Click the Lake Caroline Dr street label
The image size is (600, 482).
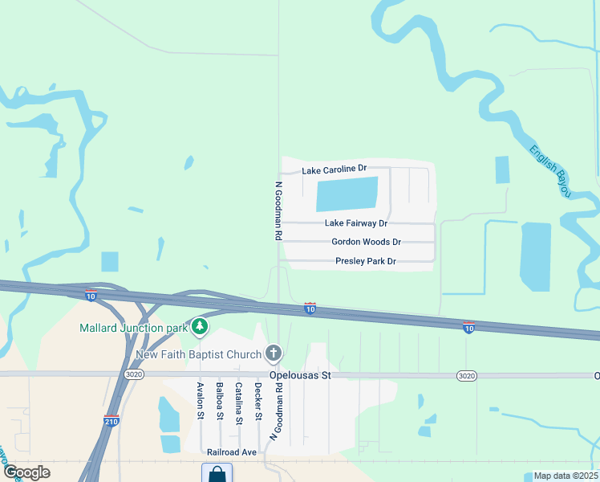pyautogui.click(x=334, y=170)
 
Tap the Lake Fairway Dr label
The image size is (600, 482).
pyautogui.click(x=356, y=223)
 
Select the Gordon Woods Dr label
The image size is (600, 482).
pyautogui.click(x=366, y=242)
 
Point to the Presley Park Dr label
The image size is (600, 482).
pyautogui.click(x=365, y=261)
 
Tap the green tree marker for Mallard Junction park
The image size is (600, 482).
pyautogui.click(x=199, y=327)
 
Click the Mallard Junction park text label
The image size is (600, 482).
pyautogui.click(x=133, y=328)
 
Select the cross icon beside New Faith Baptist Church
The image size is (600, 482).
pyautogui.click(x=274, y=353)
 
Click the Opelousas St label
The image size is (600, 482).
pyautogui.click(x=294, y=375)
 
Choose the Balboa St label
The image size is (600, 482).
pyautogui.click(x=220, y=401)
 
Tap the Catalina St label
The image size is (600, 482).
pyautogui.click(x=239, y=402)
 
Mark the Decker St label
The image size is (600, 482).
pyautogui.click(x=258, y=401)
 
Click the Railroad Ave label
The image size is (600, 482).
pyautogui.click(x=231, y=452)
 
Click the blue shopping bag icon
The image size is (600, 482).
pyautogui.click(x=217, y=474)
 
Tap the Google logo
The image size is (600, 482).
pyautogui.click(x=26, y=472)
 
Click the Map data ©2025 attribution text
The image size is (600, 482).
pyautogui.click(x=565, y=476)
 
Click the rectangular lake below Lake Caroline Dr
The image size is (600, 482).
pyautogui.click(x=347, y=194)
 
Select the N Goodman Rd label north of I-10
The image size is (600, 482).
pyautogui.click(x=278, y=211)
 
